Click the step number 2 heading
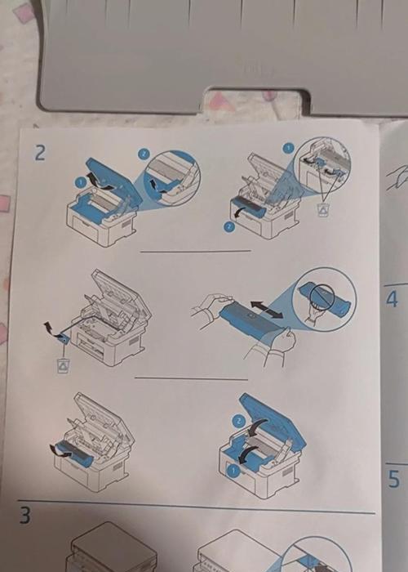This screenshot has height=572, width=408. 40,154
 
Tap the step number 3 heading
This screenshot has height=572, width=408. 24,515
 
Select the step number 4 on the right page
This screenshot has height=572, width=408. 392,300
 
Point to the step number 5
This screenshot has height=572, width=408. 393,479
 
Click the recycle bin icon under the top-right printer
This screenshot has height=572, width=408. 322,210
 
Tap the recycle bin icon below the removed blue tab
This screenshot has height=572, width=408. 64,365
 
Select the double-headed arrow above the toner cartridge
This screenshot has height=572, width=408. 266,309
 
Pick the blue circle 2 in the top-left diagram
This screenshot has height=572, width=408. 143,154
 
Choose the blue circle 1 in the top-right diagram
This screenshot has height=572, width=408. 288,148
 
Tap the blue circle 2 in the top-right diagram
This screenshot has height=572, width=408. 228,227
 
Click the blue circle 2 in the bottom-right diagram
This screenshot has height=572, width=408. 239,422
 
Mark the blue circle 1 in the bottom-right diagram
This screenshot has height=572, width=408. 233,471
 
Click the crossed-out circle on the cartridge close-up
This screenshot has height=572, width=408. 322,297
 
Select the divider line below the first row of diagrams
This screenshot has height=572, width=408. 196,251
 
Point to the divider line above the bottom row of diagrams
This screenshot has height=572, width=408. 191,378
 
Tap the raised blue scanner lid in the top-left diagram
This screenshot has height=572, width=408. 109,179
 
